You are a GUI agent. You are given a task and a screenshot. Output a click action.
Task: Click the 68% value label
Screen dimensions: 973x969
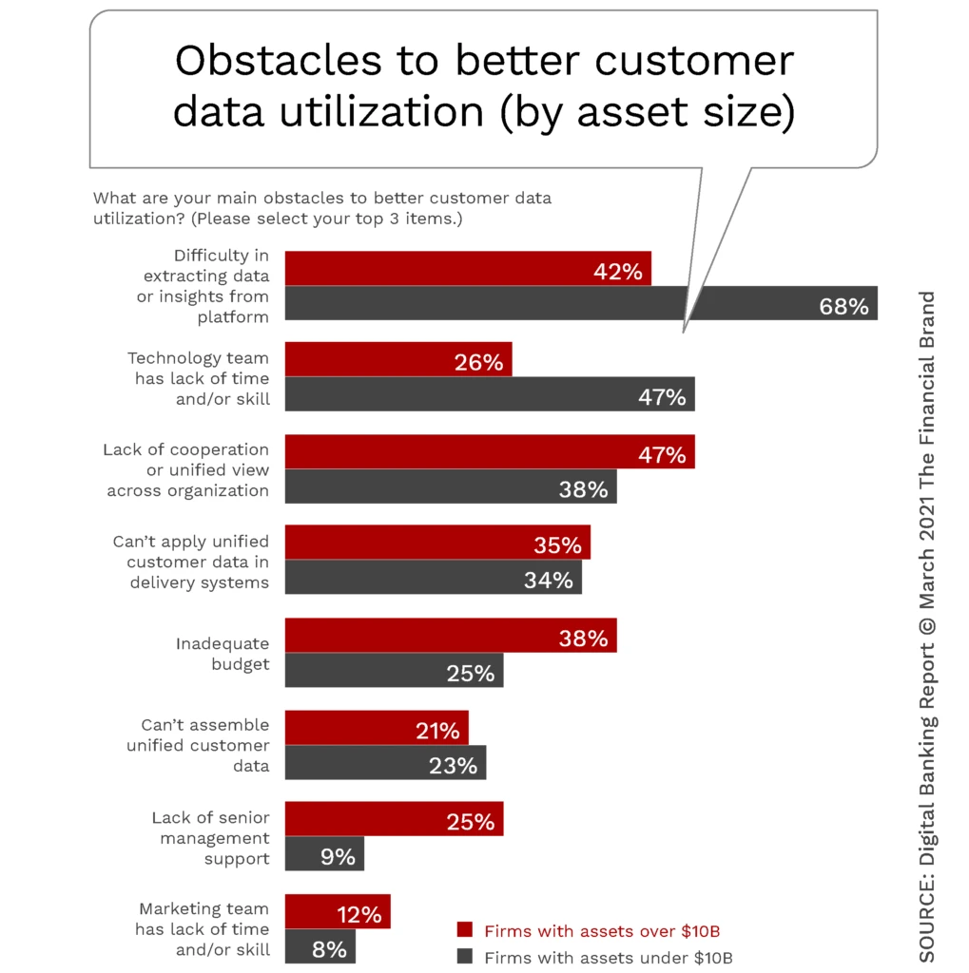coord(843,307)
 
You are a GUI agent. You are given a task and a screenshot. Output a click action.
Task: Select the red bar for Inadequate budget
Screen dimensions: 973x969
coord(451,636)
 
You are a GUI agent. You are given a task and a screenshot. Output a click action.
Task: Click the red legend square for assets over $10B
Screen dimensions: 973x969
coord(465,930)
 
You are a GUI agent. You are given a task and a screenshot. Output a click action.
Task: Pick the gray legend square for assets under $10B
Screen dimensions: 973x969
coord(465,956)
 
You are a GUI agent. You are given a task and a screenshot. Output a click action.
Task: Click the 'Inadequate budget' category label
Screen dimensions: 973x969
coord(223,654)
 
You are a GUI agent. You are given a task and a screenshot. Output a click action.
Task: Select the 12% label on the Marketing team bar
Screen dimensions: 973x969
coord(359,915)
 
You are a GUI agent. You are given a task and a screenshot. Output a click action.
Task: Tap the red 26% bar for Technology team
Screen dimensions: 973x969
coord(398,359)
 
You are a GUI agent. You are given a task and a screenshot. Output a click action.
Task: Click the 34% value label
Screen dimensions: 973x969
coord(549,580)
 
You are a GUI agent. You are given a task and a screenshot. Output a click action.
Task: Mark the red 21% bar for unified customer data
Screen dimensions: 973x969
coord(377,728)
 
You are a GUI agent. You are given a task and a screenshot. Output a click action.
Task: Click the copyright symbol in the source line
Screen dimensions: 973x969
coord(928,626)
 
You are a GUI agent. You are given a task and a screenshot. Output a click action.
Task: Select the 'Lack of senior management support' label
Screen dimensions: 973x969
coord(210,838)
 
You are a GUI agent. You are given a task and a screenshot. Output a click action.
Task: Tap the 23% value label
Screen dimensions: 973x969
coord(453,765)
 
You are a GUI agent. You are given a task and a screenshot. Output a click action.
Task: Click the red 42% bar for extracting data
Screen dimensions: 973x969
coord(468,269)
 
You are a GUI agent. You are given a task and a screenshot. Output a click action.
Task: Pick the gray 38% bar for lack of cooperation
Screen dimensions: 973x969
coord(451,486)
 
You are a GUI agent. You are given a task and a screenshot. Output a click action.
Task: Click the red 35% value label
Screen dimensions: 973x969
coord(557,546)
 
